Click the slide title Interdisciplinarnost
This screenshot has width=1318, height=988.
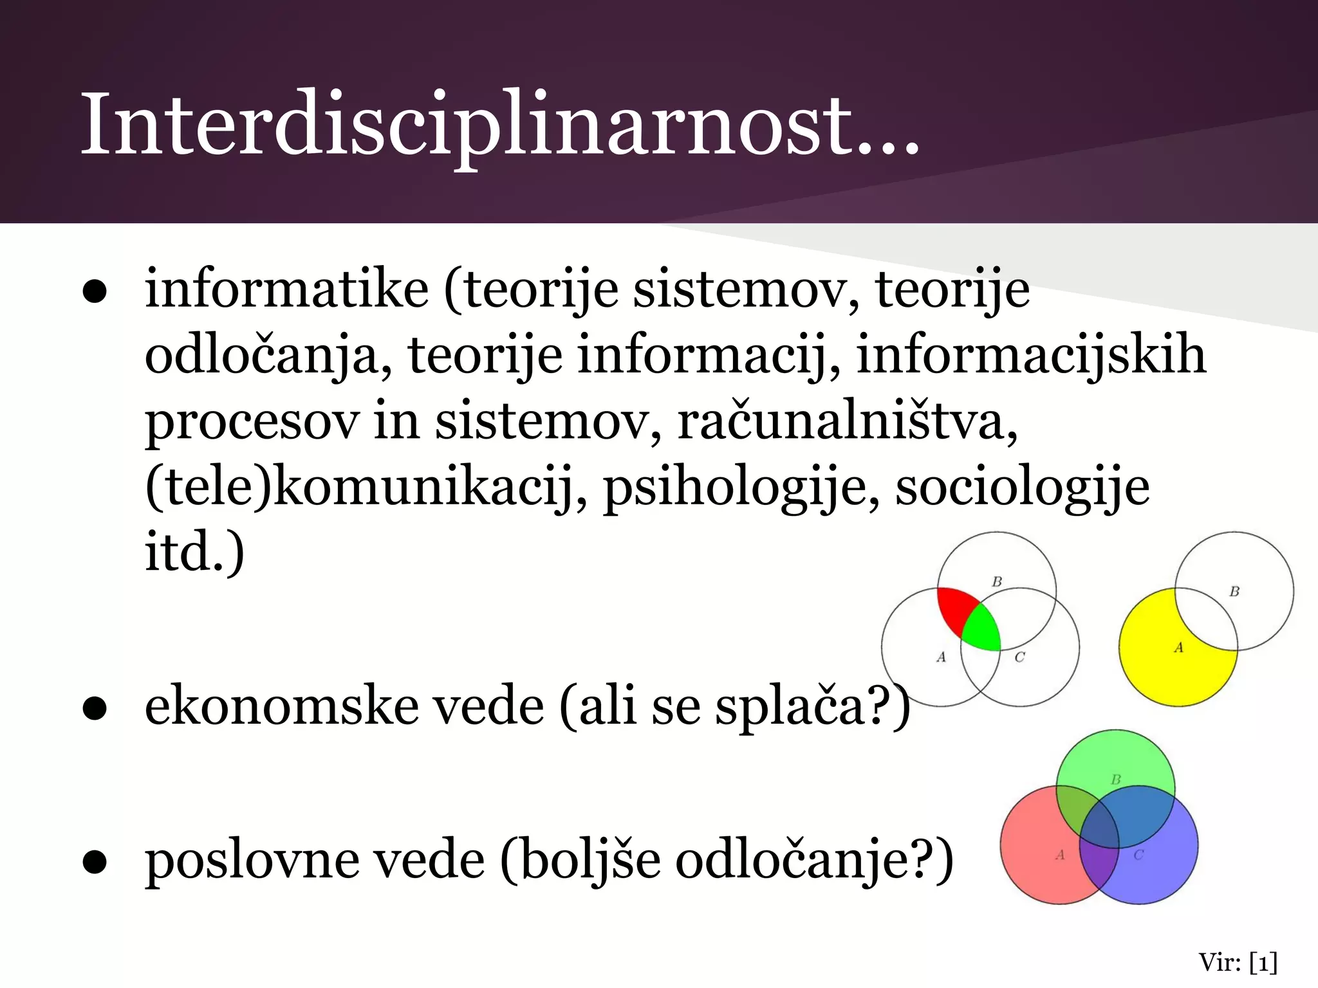pos(499,125)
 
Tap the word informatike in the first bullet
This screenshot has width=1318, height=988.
pos(286,289)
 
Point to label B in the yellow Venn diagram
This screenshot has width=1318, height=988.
pos(1234,591)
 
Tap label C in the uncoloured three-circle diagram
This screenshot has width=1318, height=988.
pos(1019,657)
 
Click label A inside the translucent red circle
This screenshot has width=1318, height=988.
pos(1060,855)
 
